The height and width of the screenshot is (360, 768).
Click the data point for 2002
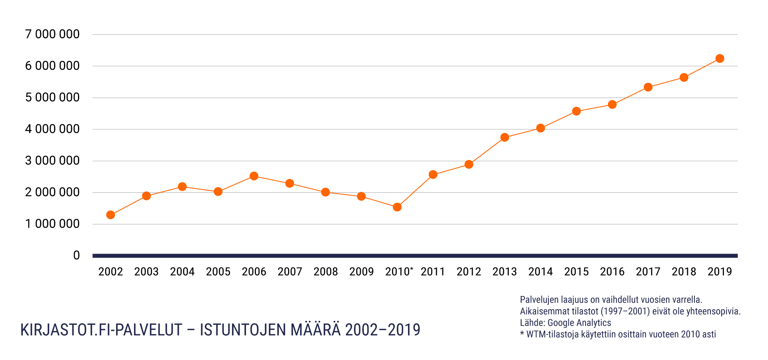[111, 215]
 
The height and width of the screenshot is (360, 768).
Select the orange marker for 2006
[254, 176]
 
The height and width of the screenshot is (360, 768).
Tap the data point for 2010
[397, 207]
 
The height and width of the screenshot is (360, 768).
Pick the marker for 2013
[505, 137]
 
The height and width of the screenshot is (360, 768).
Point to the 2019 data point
[720, 58]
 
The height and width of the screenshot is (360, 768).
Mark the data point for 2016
[612, 104]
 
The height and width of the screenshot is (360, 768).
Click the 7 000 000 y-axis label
[52, 34]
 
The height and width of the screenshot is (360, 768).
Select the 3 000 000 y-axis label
[52, 161]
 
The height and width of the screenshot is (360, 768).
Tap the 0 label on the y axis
[76, 256]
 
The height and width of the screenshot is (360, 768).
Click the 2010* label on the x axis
[398, 272]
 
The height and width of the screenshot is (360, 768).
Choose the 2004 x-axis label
[182, 272]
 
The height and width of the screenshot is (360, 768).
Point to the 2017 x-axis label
[648, 272]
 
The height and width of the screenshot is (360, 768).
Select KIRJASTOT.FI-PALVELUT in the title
[101, 330]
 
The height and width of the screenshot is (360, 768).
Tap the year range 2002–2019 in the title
[382, 330]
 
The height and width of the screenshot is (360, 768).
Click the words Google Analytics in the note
[579, 323]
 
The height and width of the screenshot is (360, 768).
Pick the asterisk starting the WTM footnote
[522, 333]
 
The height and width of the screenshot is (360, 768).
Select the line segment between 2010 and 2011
[415, 191]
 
